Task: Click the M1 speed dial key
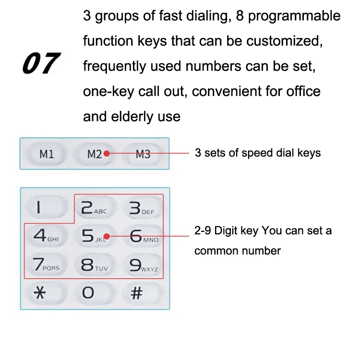[x=47, y=154]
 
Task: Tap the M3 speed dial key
[x=143, y=154]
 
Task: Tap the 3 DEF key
[x=143, y=207]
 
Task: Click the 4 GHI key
[x=48, y=236]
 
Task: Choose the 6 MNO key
[x=143, y=236]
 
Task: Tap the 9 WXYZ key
[x=143, y=264]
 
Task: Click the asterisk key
[x=48, y=293]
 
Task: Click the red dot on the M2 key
[x=107, y=154]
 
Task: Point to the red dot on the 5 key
[x=107, y=236]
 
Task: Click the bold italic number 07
[x=41, y=63]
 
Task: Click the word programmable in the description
[x=294, y=16]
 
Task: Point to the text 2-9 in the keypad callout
[x=203, y=230]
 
